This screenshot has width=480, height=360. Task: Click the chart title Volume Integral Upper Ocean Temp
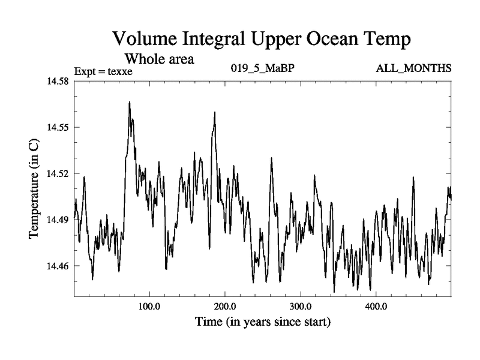tap(262, 41)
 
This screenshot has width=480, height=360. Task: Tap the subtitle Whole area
tap(159, 59)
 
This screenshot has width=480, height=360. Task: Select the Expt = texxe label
tap(103, 72)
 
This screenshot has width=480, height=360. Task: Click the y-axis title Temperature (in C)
tap(34, 187)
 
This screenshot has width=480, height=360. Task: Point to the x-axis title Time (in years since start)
tap(262, 322)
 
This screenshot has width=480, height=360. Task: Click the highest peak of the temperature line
tap(129, 102)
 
